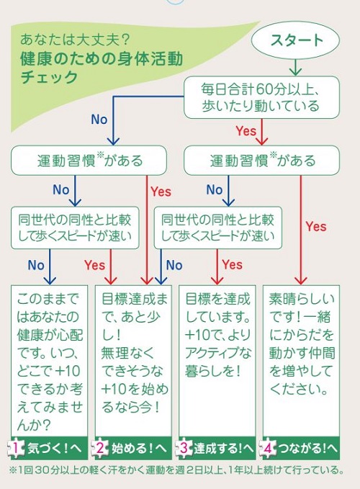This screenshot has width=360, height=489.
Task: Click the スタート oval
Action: (x=295, y=40)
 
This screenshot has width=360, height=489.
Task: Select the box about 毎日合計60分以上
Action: (x=261, y=98)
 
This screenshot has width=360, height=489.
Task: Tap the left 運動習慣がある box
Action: (x=89, y=161)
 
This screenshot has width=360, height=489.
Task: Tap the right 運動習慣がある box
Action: (x=261, y=161)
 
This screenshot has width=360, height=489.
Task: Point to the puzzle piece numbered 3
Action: (x=184, y=449)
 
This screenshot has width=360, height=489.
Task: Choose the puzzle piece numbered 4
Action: (x=268, y=449)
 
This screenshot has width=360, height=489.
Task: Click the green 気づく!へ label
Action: (x=54, y=449)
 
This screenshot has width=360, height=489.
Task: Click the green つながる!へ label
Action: (x=307, y=449)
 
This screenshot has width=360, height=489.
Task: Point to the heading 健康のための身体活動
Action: (x=102, y=59)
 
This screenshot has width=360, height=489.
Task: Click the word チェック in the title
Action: (x=49, y=77)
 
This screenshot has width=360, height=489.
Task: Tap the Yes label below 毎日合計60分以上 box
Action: (x=246, y=131)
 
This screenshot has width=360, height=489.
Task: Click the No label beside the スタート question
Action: (x=99, y=119)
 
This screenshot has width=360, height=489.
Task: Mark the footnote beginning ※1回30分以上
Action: (x=176, y=470)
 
